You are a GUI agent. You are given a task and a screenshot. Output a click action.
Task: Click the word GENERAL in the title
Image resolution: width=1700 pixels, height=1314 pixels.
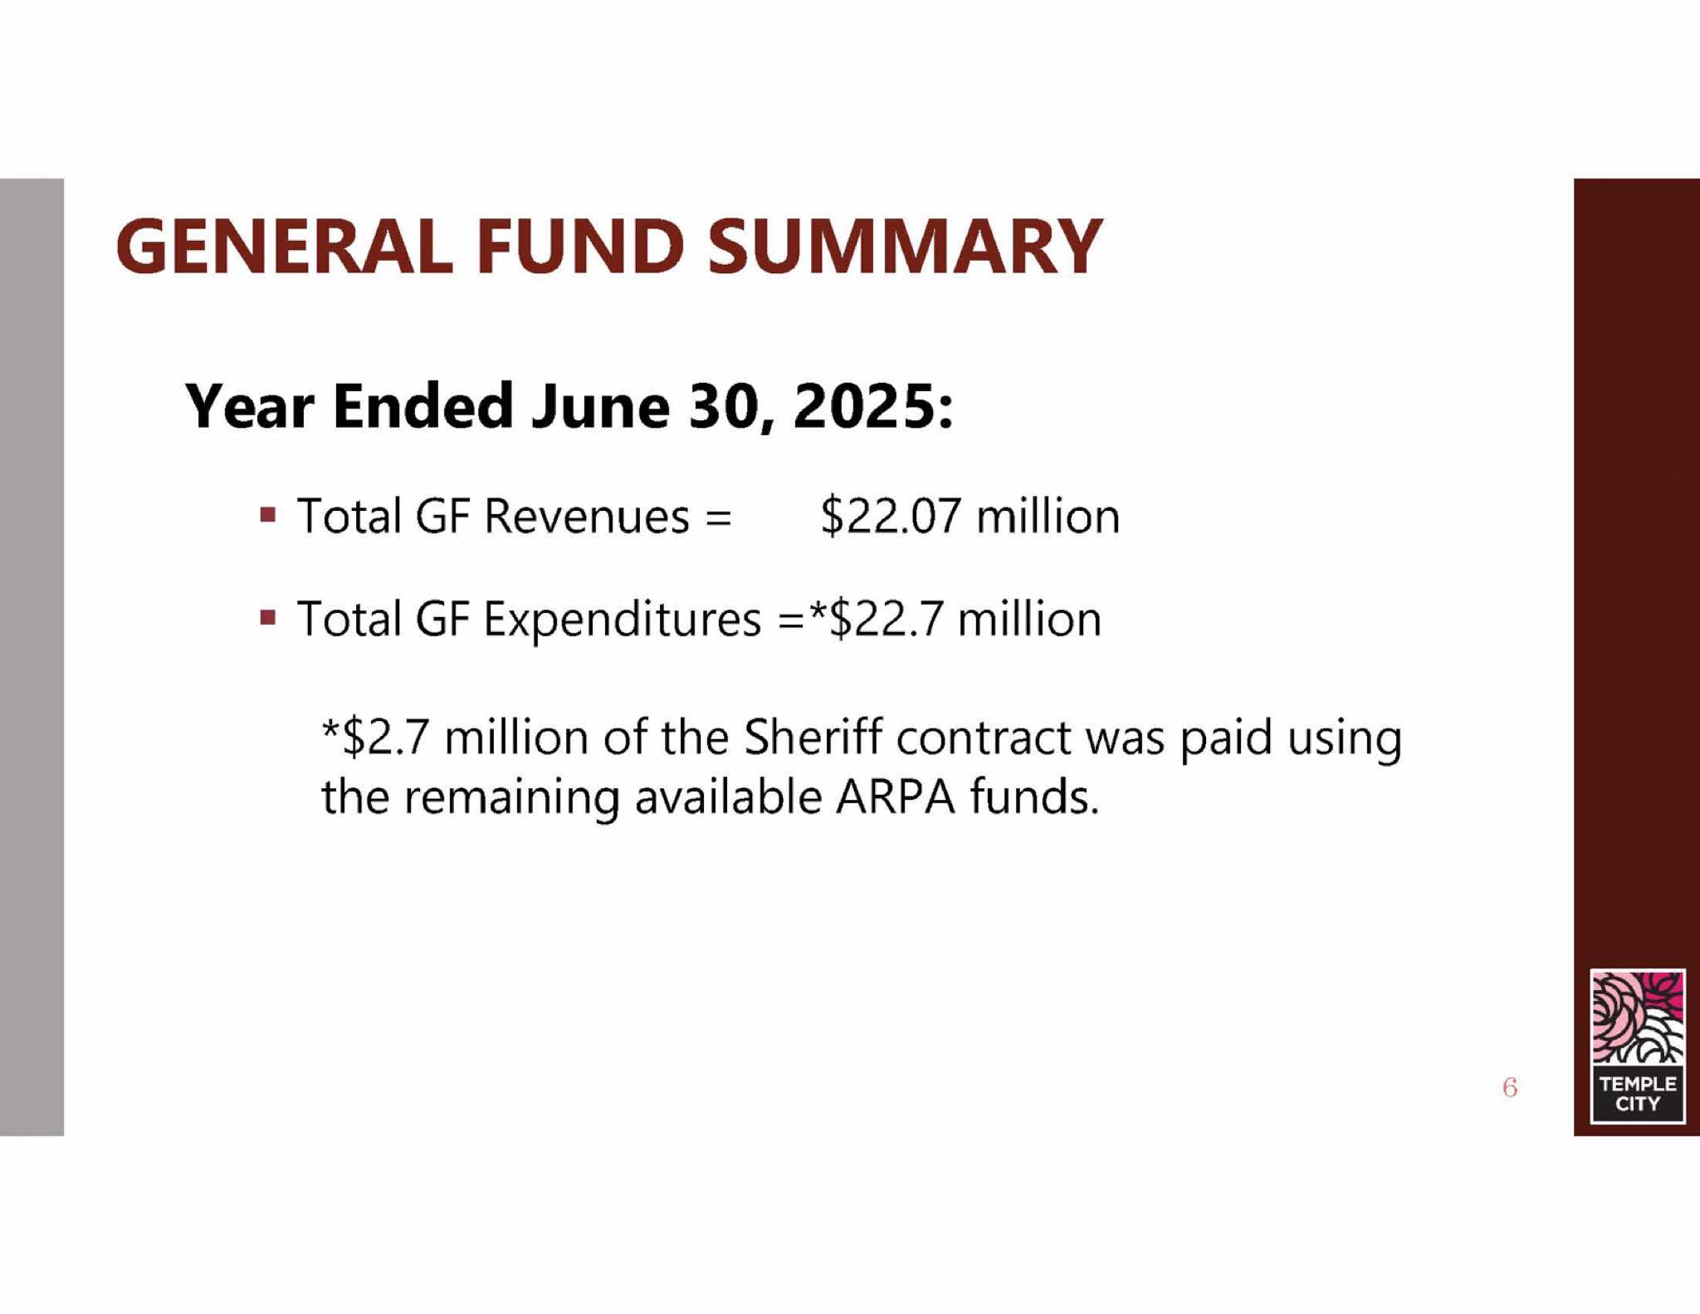tap(285, 247)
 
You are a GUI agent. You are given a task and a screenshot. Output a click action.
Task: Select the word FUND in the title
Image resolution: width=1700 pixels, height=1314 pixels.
tap(580, 247)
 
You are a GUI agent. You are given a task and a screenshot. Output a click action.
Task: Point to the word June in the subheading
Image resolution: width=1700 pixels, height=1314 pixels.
tap(600, 406)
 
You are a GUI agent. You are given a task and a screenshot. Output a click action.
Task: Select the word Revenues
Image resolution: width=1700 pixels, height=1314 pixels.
tap(587, 517)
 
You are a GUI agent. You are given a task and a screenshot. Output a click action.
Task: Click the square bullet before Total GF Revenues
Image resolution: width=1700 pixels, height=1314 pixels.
tap(267, 515)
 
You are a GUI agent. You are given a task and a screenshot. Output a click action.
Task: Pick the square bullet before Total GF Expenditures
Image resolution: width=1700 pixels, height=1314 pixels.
tap(267, 618)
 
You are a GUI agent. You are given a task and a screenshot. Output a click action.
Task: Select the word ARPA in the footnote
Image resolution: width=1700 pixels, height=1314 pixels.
tap(896, 797)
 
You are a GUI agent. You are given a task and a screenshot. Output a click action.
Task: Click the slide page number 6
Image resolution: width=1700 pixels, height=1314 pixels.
tap(1510, 1087)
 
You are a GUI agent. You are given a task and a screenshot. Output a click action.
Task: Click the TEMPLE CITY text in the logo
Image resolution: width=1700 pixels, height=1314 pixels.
tap(1638, 1094)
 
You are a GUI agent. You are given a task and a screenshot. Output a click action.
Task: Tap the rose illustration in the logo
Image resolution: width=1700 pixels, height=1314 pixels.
tap(1638, 1018)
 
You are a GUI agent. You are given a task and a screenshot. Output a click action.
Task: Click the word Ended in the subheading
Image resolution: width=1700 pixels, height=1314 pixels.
tap(423, 406)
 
